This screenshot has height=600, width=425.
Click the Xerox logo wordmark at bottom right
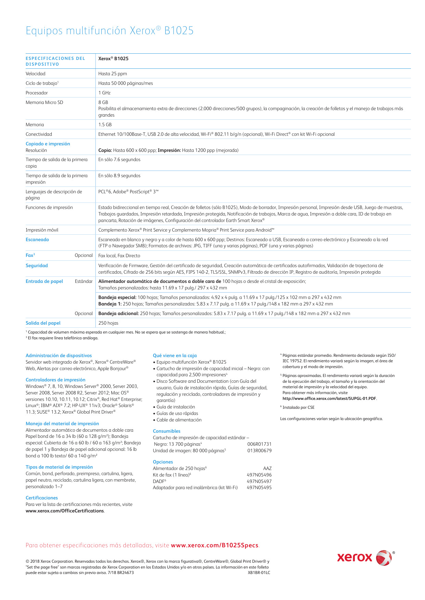pyautogui.click(x=354, y=558)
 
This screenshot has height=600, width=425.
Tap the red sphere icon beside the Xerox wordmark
pyautogui.click(x=384, y=558)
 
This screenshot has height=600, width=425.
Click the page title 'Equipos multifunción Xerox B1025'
pyautogui.click(x=110, y=31)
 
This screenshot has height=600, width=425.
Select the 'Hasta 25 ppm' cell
pyautogui.click(x=113, y=74)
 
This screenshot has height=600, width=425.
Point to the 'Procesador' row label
pyautogui.click(x=37, y=93)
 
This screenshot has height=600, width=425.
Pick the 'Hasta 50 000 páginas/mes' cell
pyautogui.click(x=126, y=83)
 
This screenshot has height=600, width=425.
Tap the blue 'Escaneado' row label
pyautogui.click(x=37, y=239)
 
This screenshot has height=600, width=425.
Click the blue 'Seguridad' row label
pyautogui.click(x=37, y=265)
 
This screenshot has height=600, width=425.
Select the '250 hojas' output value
pyautogui.click(x=108, y=323)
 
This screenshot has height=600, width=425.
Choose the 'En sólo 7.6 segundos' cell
pyautogui.click(x=119, y=159)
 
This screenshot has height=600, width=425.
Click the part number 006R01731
pyautogui.click(x=259, y=444)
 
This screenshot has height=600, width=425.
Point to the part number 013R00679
pyautogui.click(x=259, y=451)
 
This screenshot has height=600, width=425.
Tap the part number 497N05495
pyautogui.click(x=259, y=487)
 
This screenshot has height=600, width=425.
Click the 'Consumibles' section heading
pyautogui.click(x=166, y=431)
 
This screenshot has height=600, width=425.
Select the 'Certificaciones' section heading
pyautogui.click(x=42, y=498)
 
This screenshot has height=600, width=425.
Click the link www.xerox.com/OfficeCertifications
pyautogui.click(x=65, y=511)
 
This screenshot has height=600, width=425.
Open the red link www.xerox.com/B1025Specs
pyautogui.click(x=215, y=545)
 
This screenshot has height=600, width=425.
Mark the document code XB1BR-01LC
pyautogui.click(x=259, y=573)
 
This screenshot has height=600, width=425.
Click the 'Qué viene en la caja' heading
pyautogui.click(x=175, y=355)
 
